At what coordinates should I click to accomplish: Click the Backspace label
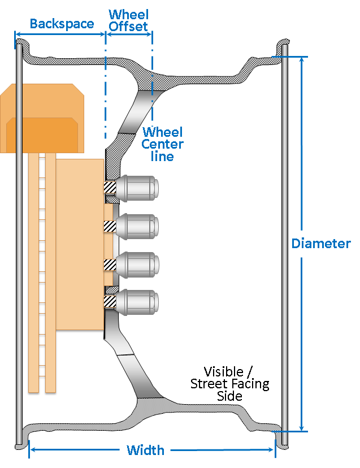pyautogui.click(x=62, y=24)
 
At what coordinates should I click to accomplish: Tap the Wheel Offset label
pyautogui.click(x=128, y=20)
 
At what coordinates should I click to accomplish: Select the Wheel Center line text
pyautogui.click(x=162, y=144)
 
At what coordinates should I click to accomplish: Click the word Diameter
pyautogui.click(x=320, y=244)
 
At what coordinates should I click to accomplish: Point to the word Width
pyautogui.click(x=145, y=450)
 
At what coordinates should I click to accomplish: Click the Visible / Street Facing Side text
pyautogui.click(x=229, y=384)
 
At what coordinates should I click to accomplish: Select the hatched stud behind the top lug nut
pyautogui.click(x=110, y=187)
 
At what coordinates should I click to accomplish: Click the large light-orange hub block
pyautogui.click(x=79, y=243)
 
